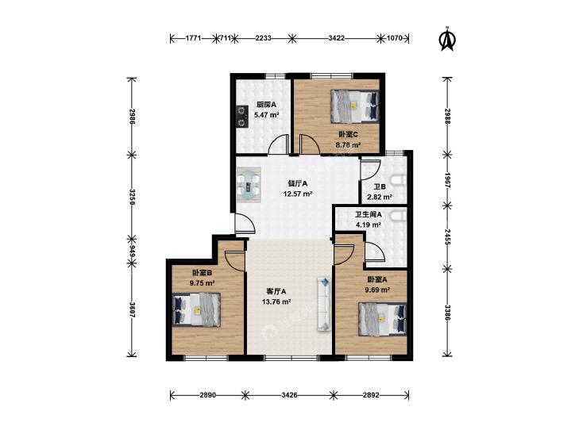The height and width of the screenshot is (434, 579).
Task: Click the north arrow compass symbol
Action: pos(447,39)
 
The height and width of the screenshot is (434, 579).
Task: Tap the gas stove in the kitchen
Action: pos(242,116)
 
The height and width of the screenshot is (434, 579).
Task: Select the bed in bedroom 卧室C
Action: pos(355,106)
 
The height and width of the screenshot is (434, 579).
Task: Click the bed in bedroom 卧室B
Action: pos(196,309)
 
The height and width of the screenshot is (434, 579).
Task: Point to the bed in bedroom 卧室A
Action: pos(383,319)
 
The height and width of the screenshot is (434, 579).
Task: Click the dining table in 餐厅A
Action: pos(249,185)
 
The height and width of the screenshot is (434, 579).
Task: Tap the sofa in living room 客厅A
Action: pos(324,304)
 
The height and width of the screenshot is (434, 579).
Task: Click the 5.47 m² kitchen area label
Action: pos(266,115)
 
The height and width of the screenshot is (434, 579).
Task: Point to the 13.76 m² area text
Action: pos(276,302)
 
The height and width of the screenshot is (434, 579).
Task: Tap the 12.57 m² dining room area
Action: pos(298,194)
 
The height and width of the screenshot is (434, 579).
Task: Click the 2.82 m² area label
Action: pos(380,198)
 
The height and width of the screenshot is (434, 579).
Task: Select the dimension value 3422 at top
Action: pos(337,38)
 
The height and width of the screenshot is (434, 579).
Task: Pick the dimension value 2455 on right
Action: pos(447,236)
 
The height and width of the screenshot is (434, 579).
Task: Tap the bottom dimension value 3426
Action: pos(289,395)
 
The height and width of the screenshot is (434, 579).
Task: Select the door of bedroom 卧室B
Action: pos(234,261)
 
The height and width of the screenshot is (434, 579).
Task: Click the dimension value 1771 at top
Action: pos(193,38)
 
